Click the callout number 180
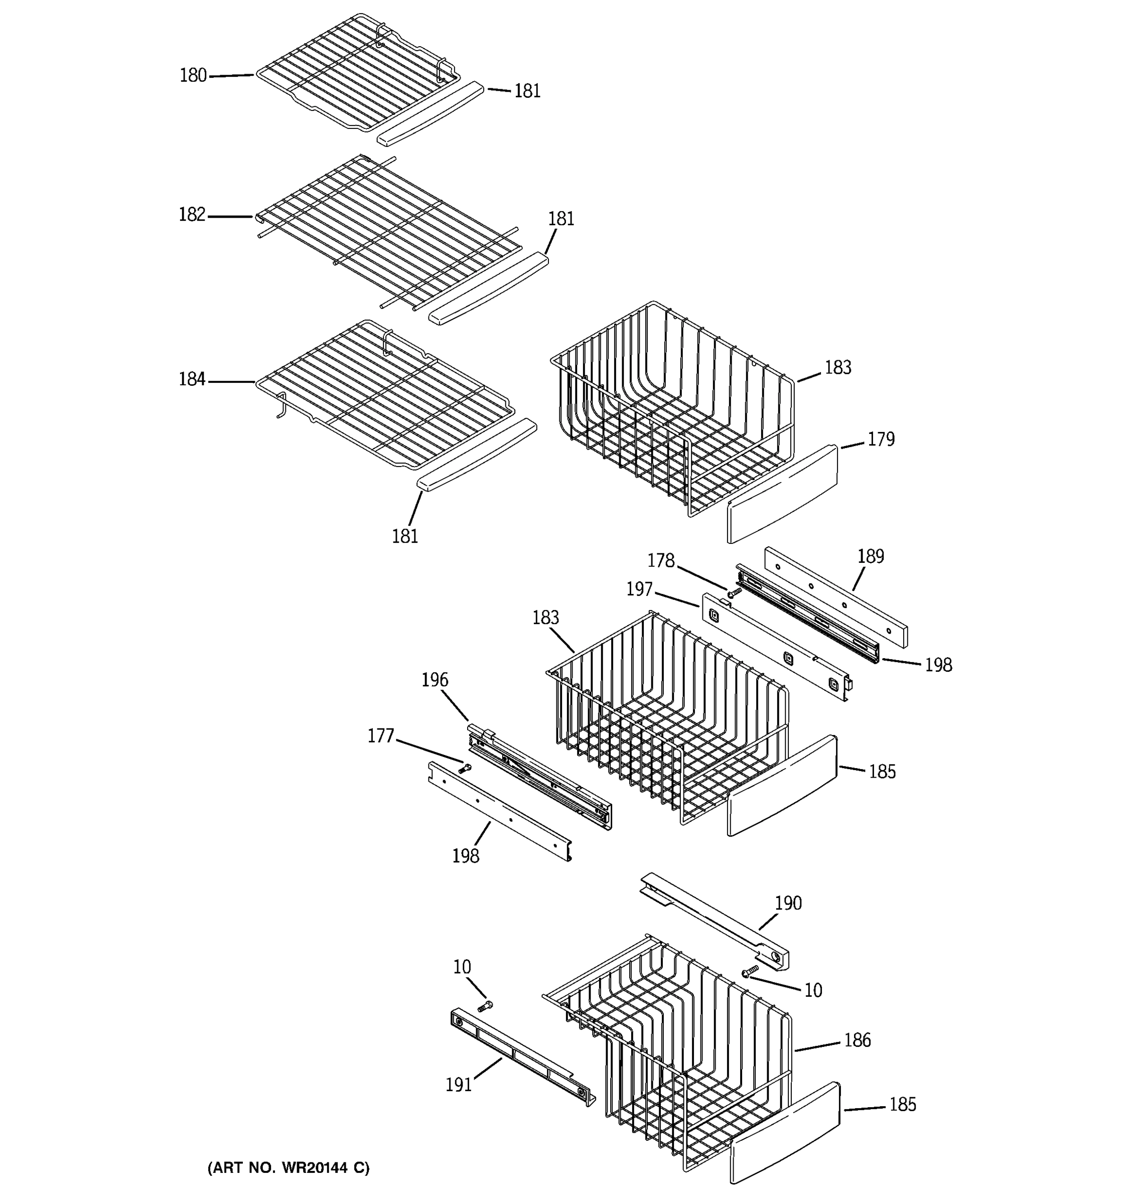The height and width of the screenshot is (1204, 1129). (x=193, y=76)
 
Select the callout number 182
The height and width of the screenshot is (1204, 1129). (x=192, y=215)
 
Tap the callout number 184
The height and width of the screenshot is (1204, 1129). (x=192, y=380)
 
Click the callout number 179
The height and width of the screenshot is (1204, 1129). (x=881, y=439)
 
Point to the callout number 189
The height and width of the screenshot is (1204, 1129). (x=871, y=556)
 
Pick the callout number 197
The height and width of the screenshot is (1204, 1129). (x=639, y=589)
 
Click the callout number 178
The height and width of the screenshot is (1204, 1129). (x=660, y=561)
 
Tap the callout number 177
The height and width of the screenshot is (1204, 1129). (x=381, y=736)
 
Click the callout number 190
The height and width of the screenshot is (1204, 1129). (x=788, y=904)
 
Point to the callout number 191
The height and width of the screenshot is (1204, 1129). (x=459, y=1085)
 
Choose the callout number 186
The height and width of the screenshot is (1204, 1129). (x=857, y=1040)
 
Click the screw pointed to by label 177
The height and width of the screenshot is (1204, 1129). (x=465, y=769)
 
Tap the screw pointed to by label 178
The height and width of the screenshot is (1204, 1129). (x=735, y=592)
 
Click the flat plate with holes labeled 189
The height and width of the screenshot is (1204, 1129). (x=836, y=597)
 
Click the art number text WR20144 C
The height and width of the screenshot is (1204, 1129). (x=289, y=1168)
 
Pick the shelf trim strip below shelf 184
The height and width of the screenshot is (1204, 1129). (x=477, y=454)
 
